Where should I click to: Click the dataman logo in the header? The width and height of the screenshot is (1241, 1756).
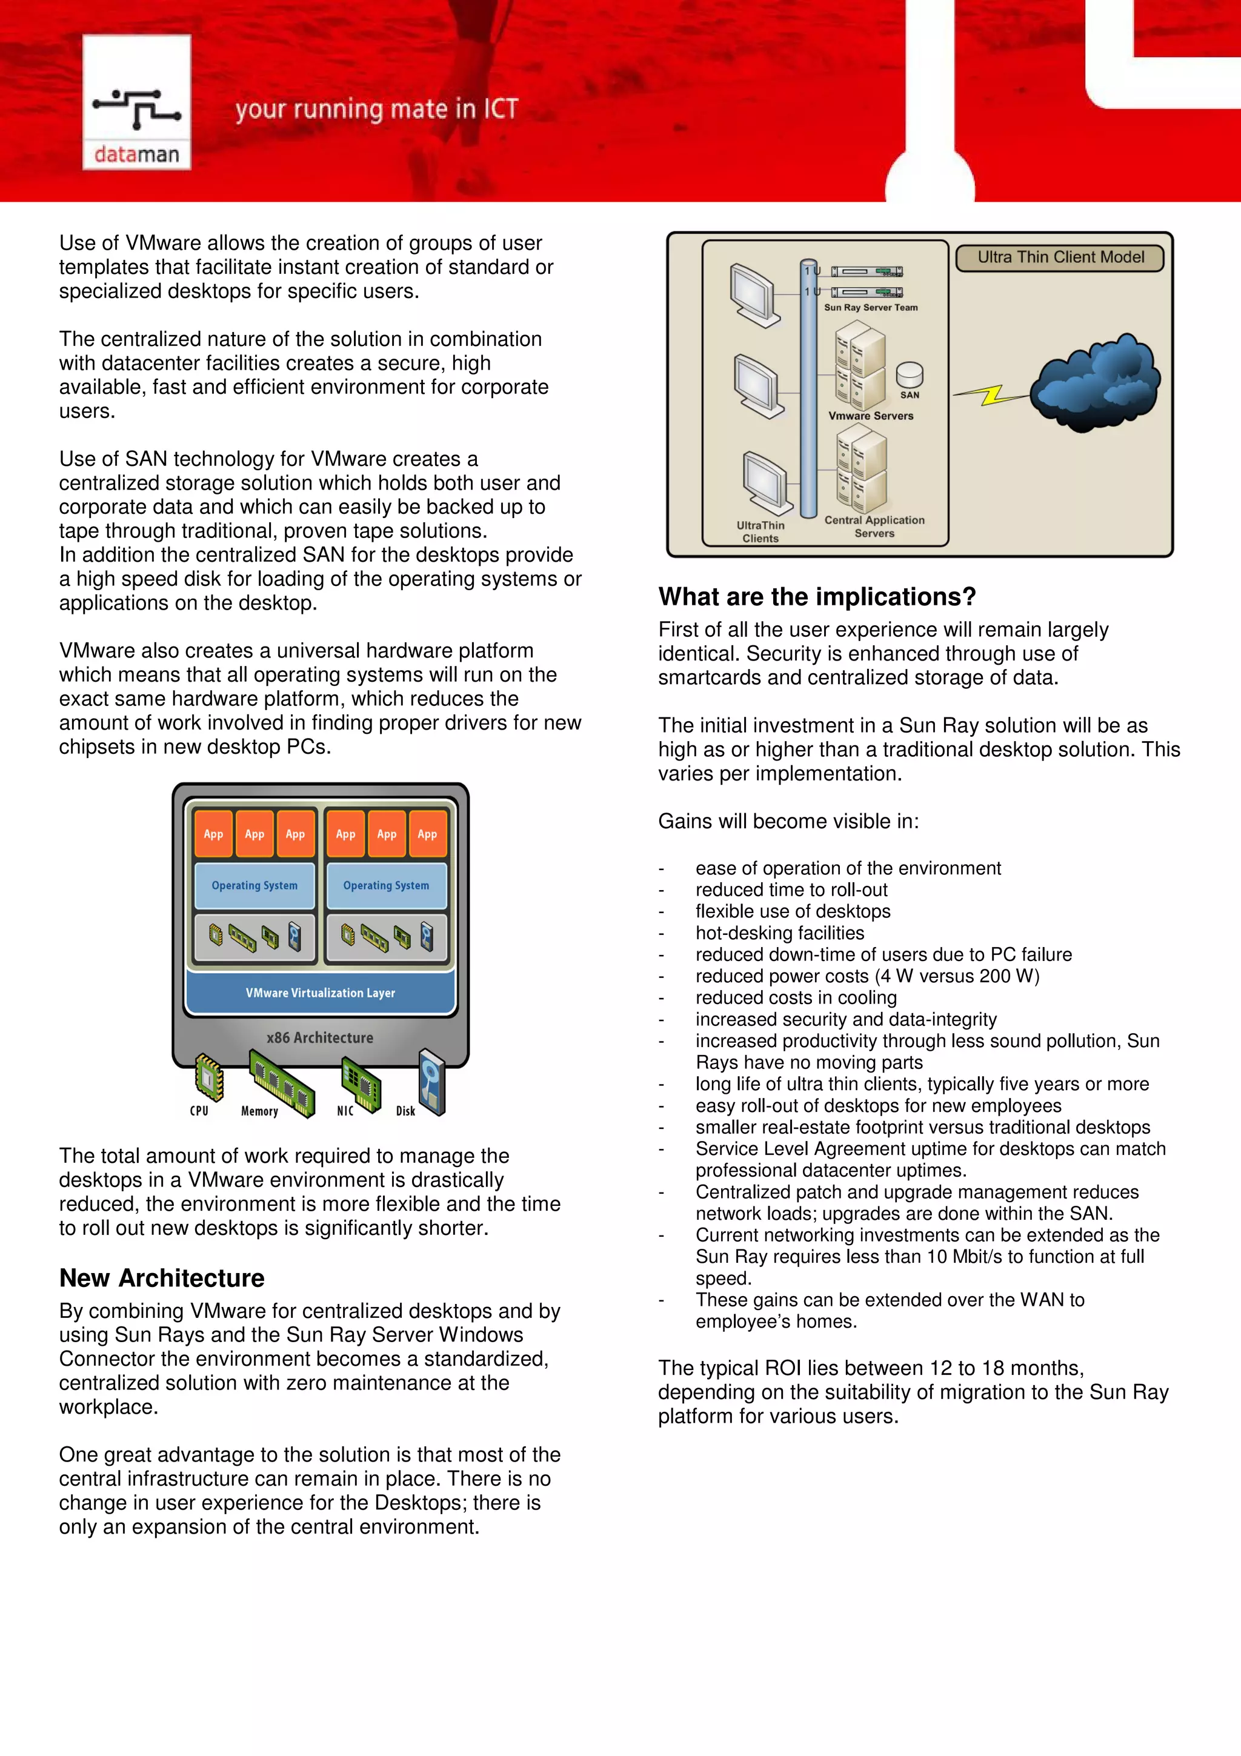coord(136,103)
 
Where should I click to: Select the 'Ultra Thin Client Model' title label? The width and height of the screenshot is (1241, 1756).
coord(1060,258)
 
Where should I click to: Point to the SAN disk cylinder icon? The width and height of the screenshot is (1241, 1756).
coord(909,374)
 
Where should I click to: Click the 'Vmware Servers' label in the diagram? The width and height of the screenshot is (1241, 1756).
coord(870,416)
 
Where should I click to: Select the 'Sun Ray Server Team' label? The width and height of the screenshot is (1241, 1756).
coord(870,307)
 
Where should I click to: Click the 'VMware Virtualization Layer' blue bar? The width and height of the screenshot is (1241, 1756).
coord(321,993)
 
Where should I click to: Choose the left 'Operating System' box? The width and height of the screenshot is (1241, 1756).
coord(255,886)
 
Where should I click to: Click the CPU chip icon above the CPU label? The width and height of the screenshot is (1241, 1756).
coord(208,1076)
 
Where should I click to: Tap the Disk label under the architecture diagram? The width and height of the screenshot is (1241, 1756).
coord(405,1111)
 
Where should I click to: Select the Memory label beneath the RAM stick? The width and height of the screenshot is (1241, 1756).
coord(259,1111)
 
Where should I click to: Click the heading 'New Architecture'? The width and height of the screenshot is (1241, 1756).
coord(162,1278)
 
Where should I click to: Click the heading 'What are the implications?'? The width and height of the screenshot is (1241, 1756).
coord(817,597)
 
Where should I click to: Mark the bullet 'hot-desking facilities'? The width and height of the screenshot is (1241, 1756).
coord(779,933)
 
